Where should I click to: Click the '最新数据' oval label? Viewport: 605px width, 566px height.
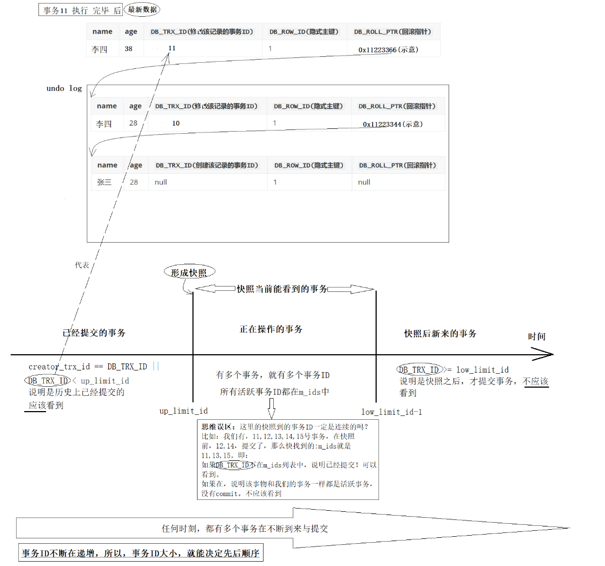tap(142, 10)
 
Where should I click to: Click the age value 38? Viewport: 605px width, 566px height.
tap(128, 49)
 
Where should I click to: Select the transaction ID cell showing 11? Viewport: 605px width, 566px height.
tap(172, 48)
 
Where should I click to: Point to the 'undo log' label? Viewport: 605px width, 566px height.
tap(64, 88)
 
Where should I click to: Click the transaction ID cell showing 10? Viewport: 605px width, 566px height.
tap(176, 123)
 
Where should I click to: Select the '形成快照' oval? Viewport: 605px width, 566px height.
tap(189, 272)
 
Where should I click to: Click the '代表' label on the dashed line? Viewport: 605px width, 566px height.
tap(82, 265)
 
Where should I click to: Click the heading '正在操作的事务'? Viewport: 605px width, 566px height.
tap(271, 329)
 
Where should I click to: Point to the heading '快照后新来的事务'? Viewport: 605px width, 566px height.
tap(440, 334)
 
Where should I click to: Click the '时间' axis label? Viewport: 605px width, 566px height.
tap(537, 336)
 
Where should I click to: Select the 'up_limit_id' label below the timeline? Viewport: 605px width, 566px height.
tap(183, 411)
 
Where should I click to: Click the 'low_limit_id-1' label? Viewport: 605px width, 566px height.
tap(392, 412)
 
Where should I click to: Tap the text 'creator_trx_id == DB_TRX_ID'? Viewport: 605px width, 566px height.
tap(88, 367)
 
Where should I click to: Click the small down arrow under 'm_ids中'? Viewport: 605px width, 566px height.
tap(271, 405)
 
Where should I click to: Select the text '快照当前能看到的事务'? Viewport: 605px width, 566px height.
tap(282, 290)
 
